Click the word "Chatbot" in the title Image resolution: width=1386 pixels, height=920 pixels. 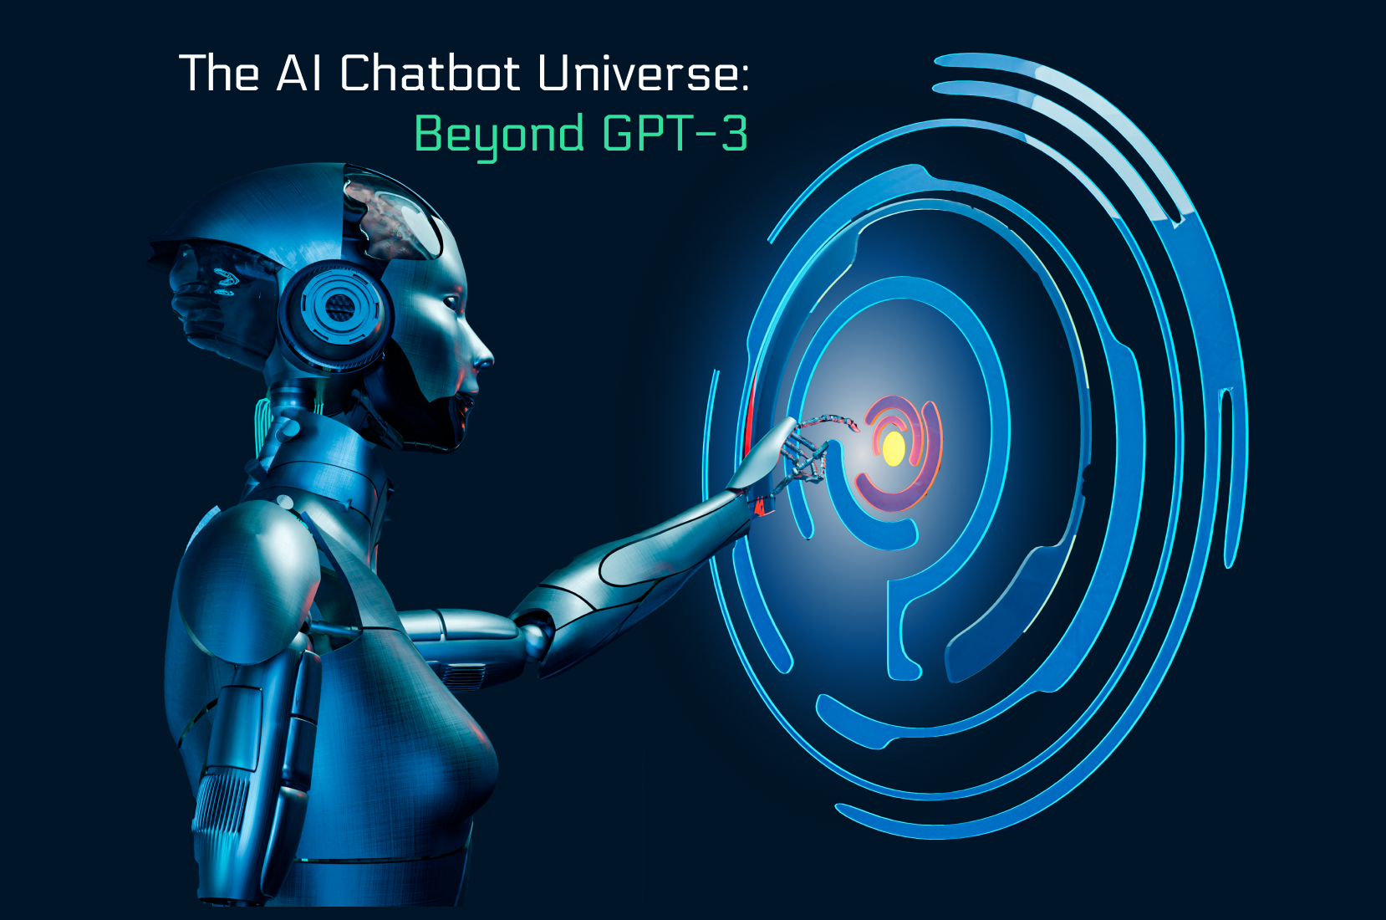(x=430, y=74)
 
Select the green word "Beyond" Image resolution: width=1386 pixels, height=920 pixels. (x=499, y=134)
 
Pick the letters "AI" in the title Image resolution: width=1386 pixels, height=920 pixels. (x=300, y=74)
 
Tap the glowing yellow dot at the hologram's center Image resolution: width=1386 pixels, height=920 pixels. (x=894, y=448)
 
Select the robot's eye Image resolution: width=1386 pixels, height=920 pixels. (x=454, y=300)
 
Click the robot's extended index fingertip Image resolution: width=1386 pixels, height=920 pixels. (x=854, y=427)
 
